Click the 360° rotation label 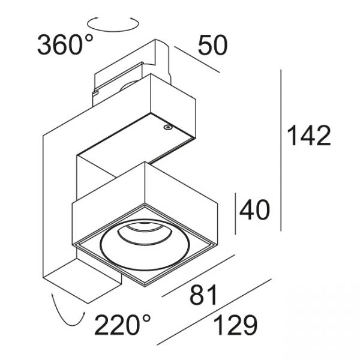click(65, 44)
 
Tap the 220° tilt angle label click(122, 325)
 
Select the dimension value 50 click(212, 45)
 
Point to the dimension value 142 click(309, 136)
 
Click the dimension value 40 click(254, 209)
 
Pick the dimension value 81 click(203, 295)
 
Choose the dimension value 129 click(235, 325)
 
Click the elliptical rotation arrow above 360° click(113, 23)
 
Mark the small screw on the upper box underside click(167, 127)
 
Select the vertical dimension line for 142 click(281, 150)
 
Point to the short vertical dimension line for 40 click(236, 214)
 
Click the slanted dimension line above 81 click(199, 275)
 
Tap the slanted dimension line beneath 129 click(214, 312)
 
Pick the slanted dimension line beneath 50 click(197, 59)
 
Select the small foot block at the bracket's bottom click(83, 281)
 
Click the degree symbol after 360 click(88, 38)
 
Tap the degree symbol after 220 click(146, 319)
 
